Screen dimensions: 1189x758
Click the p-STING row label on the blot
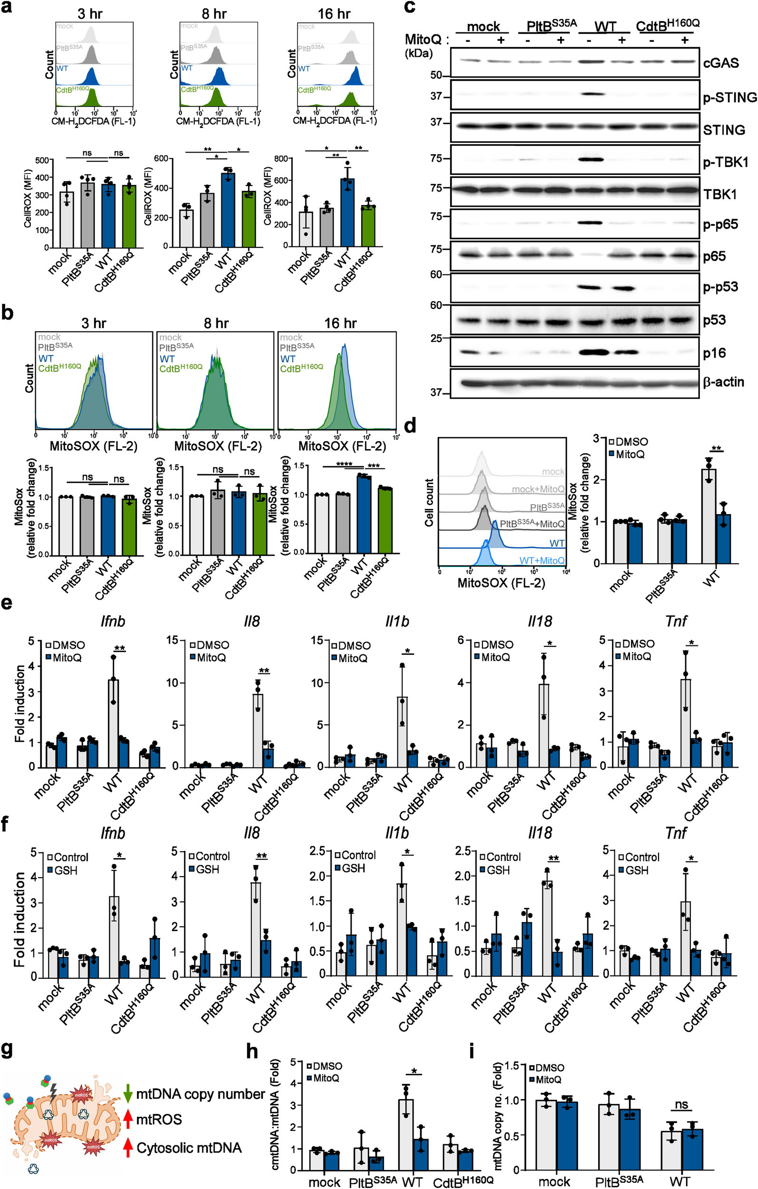point(729,97)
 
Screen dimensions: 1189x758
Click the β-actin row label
point(723,382)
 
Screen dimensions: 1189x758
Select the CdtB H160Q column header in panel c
point(667,25)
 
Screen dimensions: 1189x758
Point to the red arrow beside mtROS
point(128,1120)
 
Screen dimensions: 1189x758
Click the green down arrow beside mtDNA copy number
point(128,1094)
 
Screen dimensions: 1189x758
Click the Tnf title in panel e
point(676,621)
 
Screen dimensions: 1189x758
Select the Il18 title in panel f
point(539,833)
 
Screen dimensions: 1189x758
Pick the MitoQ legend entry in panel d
point(626,454)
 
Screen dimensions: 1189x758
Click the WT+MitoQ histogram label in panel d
point(541,560)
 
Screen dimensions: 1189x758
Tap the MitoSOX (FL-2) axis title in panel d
point(501,583)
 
